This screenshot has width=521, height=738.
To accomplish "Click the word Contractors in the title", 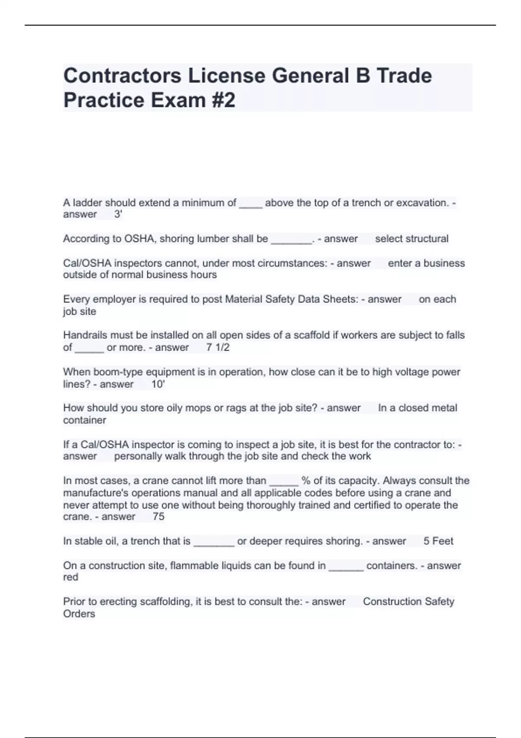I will (x=122, y=76).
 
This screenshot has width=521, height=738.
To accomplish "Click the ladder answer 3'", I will (x=118, y=214).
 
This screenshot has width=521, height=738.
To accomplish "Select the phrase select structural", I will (x=412, y=239).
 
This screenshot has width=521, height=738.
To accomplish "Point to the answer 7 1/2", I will (x=218, y=347).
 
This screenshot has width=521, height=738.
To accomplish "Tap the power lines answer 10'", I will (x=158, y=384).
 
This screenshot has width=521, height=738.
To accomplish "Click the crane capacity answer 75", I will (x=158, y=517).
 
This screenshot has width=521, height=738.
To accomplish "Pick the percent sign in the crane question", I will (x=306, y=481).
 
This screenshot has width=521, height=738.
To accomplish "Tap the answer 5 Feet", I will (x=438, y=541).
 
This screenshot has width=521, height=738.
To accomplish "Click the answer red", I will (x=71, y=577).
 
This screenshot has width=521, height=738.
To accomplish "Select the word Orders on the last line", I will (x=79, y=614).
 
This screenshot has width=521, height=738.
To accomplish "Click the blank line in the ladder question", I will (x=251, y=204).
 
